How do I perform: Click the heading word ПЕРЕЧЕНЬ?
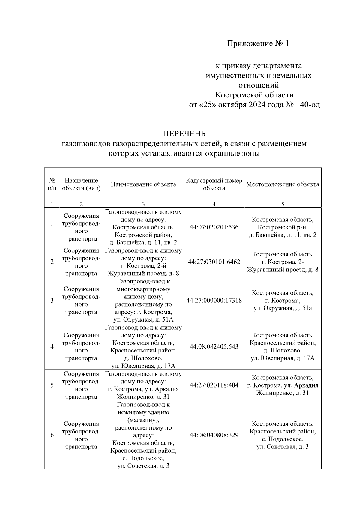click(x=184, y=133)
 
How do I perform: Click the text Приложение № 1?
click(x=258, y=44)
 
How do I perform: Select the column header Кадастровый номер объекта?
click(x=214, y=184)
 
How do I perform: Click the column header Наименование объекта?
click(x=143, y=184)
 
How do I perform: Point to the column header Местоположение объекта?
click(x=283, y=184)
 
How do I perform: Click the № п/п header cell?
click(x=52, y=184)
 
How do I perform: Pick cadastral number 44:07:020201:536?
click(x=214, y=227)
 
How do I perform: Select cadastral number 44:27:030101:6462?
click(x=214, y=262)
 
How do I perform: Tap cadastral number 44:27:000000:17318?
click(x=214, y=300)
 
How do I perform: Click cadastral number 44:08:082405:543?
click(x=214, y=346)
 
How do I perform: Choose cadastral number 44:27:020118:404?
click(x=214, y=385)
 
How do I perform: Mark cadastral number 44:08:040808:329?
click(x=214, y=435)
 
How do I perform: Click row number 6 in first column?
click(x=52, y=435)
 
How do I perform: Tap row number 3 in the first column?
click(x=52, y=300)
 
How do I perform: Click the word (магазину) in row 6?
click(x=143, y=420)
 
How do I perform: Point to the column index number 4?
click(x=214, y=204)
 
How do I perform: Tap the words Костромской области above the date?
click(x=254, y=95)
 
